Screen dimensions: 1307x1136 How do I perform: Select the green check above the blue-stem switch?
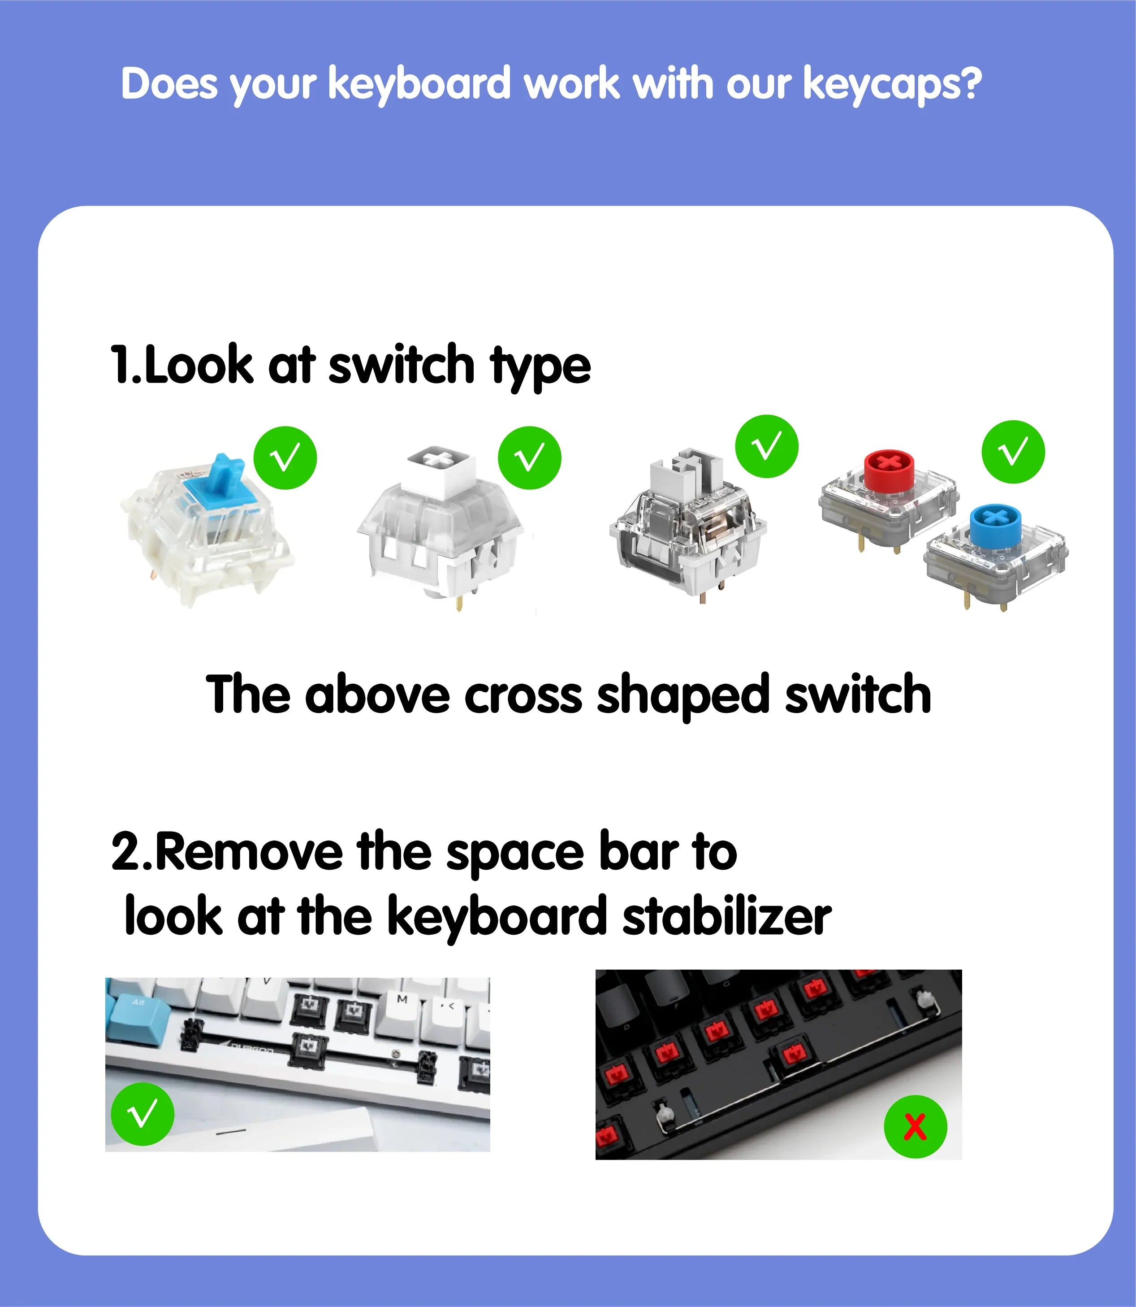coord(285,457)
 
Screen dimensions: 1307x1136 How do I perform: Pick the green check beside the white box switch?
coord(529,457)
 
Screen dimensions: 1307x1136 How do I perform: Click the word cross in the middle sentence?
coord(523,695)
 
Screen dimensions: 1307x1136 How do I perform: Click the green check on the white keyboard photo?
coord(143,1114)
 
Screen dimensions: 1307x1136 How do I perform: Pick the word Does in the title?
coord(169,84)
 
